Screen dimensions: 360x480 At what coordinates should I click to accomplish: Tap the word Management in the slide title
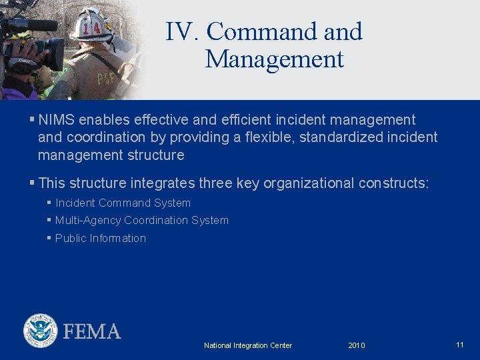pos(274,59)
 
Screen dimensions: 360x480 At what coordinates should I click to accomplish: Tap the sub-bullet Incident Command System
pos(123,203)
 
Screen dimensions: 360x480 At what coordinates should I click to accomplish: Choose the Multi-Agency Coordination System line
pos(141,221)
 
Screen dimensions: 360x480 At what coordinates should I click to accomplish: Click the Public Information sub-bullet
pos(100,239)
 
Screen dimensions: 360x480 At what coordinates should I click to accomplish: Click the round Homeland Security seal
pos(40,331)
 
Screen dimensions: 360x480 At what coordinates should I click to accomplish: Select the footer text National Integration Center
pos(247,345)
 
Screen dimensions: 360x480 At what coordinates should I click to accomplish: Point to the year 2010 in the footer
pos(357,345)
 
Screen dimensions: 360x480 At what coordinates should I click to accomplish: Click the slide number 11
pos(460,345)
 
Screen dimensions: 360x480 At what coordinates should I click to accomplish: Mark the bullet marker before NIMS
pos(32,120)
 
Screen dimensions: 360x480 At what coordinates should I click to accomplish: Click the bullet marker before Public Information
pos(49,238)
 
